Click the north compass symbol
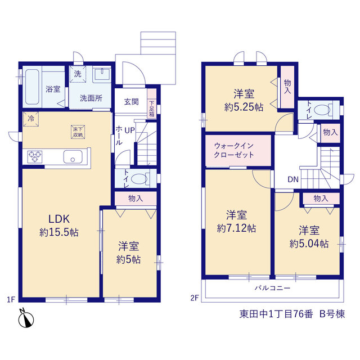[26, 319]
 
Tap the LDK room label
[59, 219]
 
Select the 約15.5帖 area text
[59, 232]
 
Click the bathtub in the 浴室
[32, 87]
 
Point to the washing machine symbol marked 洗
[78, 74]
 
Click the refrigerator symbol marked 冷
[31, 119]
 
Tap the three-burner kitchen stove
[35, 157]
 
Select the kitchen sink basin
[73, 157]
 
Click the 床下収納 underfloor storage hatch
[78, 132]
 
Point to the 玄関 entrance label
[131, 102]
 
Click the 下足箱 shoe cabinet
[151, 103]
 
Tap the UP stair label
[130, 130]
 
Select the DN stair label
[293, 179]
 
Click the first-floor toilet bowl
[139, 179]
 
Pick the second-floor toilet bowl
[321, 110]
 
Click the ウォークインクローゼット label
[234, 150]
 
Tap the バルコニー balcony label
[272, 288]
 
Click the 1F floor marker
[11, 299]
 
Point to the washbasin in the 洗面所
[102, 74]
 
